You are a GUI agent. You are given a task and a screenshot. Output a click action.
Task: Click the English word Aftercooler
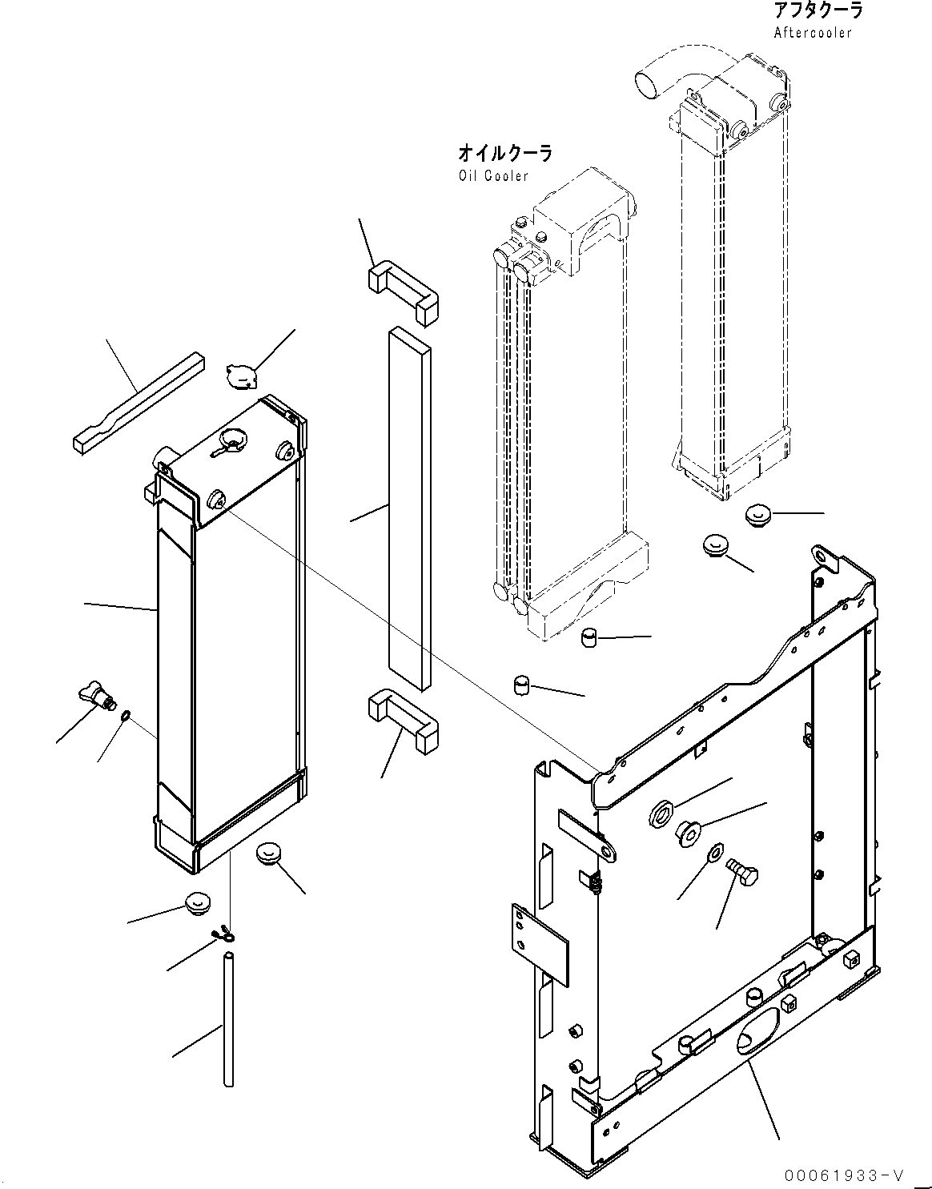pyautogui.click(x=813, y=33)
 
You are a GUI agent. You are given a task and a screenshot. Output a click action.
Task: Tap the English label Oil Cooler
pyautogui.click(x=493, y=175)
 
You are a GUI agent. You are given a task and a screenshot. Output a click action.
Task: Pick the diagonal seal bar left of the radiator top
pyautogui.click(x=138, y=397)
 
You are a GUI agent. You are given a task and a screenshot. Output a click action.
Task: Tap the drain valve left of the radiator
pyautogui.click(x=94, y=693)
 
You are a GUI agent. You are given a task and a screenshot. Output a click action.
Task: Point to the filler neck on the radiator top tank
pyautogui.click(x=234, y=439)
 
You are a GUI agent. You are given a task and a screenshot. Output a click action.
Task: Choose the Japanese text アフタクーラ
pyautogui.click(x=818, y=11)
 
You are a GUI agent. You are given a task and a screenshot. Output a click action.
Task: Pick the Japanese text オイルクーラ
pyautogui.click(x=504, y=153)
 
